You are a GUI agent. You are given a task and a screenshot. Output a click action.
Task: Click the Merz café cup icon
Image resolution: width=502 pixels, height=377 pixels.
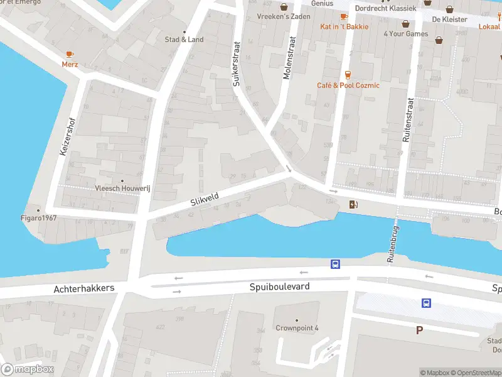point(70,54)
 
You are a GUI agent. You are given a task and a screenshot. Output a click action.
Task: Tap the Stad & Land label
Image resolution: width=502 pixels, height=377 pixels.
point(184,40)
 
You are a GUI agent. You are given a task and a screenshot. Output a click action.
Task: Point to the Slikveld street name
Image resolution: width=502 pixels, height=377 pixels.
point(205,200)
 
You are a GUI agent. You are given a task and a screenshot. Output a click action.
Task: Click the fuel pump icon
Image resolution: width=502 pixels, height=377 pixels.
point(353,204)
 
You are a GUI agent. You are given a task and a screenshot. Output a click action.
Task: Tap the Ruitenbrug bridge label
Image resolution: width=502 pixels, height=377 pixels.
point(392,243)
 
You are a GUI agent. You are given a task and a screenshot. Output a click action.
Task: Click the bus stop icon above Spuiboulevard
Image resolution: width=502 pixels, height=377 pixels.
point(336,265)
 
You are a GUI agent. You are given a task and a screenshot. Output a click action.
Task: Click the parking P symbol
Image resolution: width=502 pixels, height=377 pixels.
point(419,329)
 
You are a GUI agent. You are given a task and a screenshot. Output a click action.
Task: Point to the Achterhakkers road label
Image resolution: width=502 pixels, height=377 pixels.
point(84,288)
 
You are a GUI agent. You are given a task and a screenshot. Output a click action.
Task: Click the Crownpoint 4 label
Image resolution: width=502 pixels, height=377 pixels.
point(297,328)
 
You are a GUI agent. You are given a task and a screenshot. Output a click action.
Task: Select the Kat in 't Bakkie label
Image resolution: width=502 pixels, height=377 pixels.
point(344,26)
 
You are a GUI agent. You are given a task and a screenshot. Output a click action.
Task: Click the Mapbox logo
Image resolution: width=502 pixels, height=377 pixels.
point(28,369)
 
